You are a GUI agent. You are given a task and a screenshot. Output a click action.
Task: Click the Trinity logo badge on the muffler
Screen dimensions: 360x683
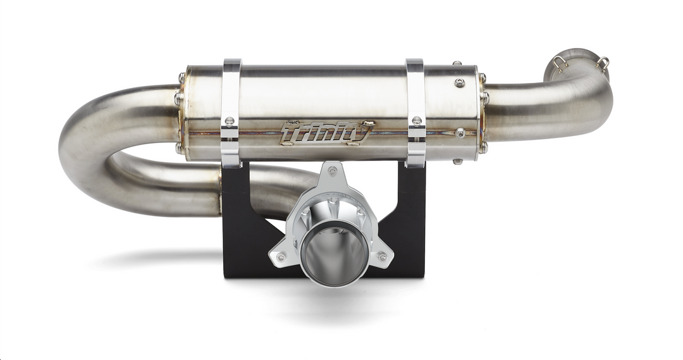(326, 133)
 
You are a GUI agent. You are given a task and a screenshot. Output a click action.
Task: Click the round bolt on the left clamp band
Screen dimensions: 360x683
(230, 121)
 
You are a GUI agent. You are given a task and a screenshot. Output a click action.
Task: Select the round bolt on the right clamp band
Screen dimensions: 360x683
(416, 120)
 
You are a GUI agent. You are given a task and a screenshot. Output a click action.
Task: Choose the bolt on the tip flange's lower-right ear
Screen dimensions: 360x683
(382, 256)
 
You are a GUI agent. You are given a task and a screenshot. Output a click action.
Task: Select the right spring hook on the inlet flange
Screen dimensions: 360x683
(604, 63)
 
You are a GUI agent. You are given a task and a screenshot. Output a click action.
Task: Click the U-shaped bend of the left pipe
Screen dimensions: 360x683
(79, 149)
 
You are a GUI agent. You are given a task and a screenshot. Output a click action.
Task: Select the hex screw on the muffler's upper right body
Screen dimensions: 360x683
(460, 83)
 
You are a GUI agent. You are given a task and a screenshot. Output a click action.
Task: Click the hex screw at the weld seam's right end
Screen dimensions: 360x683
(460, 132)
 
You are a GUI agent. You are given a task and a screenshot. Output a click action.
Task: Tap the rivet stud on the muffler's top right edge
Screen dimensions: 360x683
(456, 63)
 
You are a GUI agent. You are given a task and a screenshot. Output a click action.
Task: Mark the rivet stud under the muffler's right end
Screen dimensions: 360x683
(456, 162)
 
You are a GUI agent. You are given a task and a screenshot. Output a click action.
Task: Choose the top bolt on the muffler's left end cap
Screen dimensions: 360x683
(182, 77)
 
